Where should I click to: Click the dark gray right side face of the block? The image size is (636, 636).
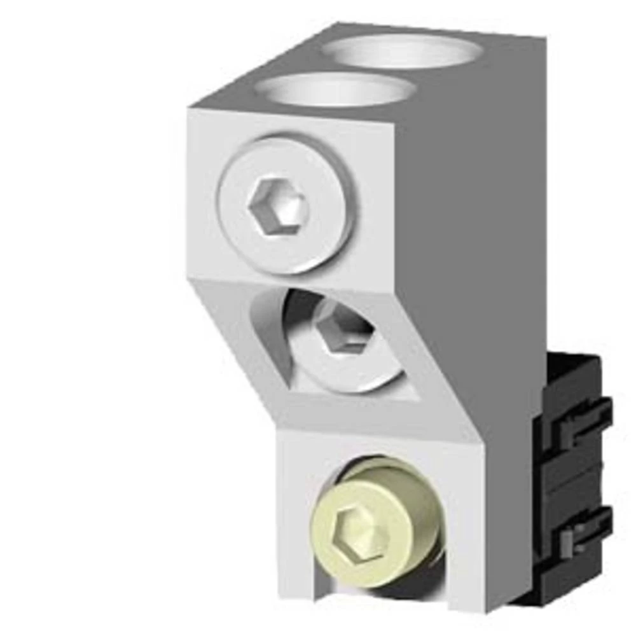point(471,223)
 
